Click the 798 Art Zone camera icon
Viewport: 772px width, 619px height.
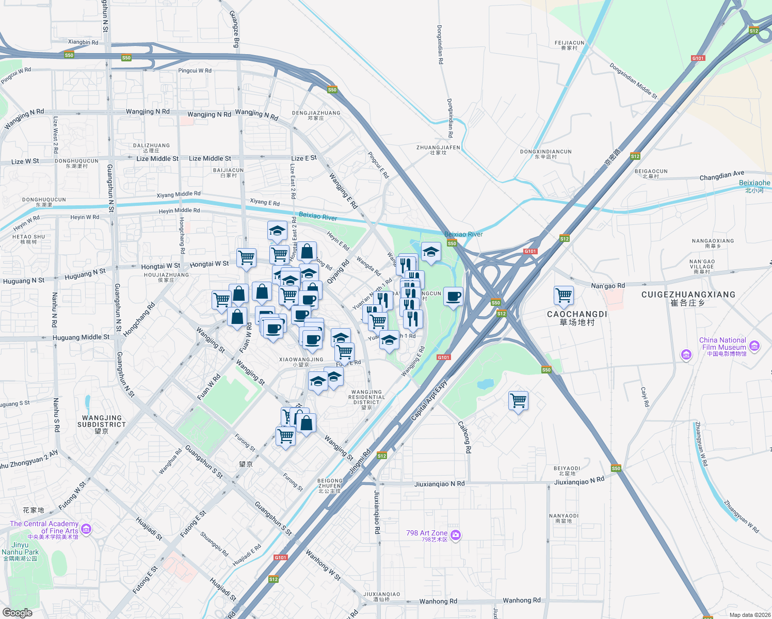tap(455, 535)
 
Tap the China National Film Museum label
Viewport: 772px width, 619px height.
tap(722, 344)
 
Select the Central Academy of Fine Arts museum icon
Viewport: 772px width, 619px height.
tap(86, 529)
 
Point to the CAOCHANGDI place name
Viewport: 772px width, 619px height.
tap(577, 314)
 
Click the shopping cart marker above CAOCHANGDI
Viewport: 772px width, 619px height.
tap(564, 296)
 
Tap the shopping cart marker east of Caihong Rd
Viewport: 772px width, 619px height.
tap(518, 400)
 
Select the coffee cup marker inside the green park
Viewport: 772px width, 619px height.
tap(453, 297)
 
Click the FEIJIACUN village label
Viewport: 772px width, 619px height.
tap(569, 43)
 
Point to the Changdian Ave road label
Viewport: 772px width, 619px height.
tap(721, 176)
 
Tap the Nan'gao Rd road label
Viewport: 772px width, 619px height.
tap(607, 286)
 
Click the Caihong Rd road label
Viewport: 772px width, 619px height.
tap(464, 437)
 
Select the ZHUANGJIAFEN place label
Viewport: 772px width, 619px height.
tap(438, 148)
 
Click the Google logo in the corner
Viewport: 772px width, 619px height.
tap(18, 613)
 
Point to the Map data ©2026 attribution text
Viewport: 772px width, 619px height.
tap(749, 615)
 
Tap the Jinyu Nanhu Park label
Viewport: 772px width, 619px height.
tap(20, 548)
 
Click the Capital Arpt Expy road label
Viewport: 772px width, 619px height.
tap(428, 400)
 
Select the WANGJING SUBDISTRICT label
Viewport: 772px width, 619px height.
tap(102, 421)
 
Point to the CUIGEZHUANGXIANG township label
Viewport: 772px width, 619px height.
tap(688, 295)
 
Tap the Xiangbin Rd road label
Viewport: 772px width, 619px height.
tap(83, 42)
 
